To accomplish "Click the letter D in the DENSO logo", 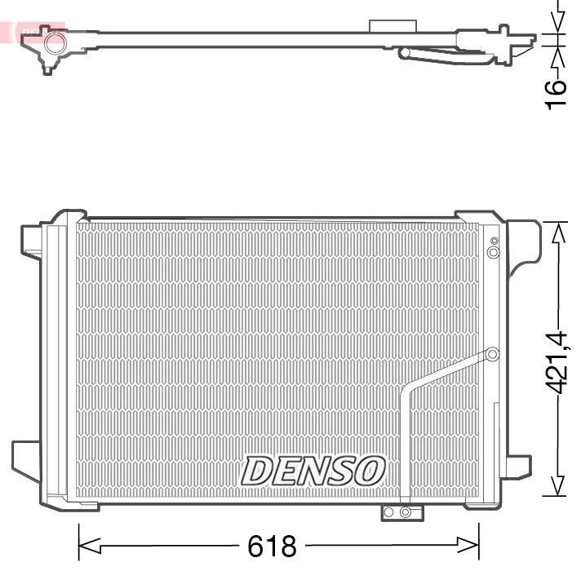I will pyautogui.click(x=260, y=471).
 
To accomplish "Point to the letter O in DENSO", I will pyautogui.click(x=368, y=471).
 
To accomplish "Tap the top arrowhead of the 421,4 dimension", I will pyautogui.click(x=558, y=233).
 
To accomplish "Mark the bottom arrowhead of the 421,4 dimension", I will pyautogui.click(x=558, y=486).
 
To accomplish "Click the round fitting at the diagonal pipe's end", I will pyautogui.click(x=492, y=354).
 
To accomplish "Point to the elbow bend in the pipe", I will pyautogui.click(x=406, y=392).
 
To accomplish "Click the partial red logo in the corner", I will pyautogui.click(x=33, y=31).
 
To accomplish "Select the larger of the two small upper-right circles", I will pyautogui.click(x=493, y=253).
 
